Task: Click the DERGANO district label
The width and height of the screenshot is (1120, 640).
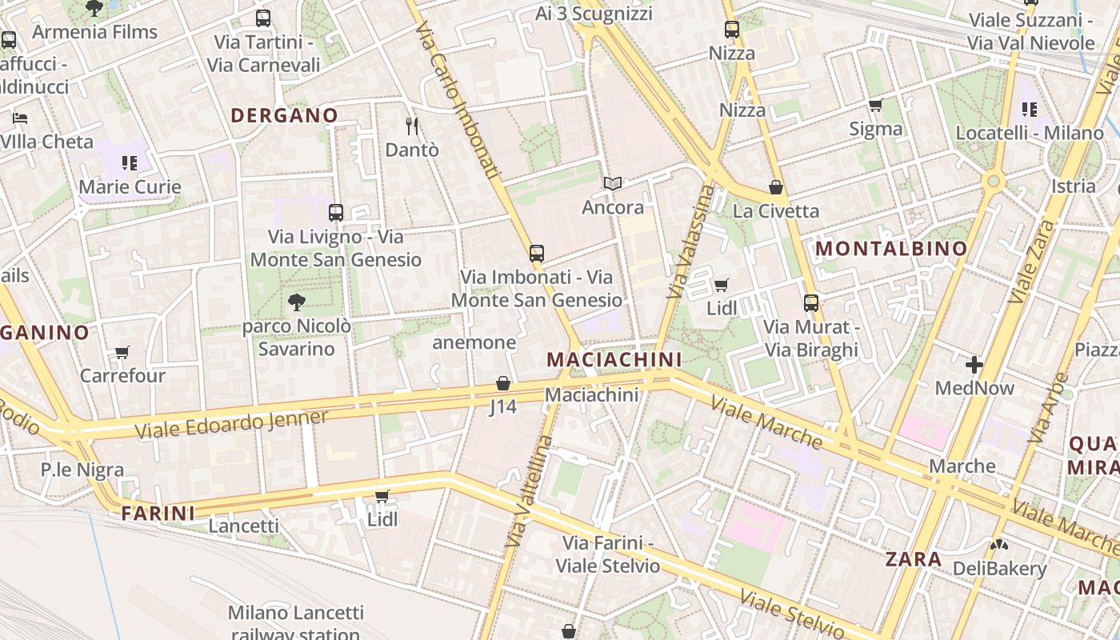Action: click(x=284, y=115)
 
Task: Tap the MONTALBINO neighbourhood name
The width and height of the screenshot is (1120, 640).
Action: click(x=891, y=249)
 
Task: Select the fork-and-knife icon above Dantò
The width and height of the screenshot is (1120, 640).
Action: click(x=412, y=126)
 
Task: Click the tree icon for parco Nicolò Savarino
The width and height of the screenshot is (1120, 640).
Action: click(x=296, y=302)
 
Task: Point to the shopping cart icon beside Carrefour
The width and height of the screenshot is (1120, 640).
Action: click(x=122, y=353)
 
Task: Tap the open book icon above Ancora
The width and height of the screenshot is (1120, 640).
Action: click(x=613, y=184)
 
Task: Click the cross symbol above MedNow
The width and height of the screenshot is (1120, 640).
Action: click(x=974, y=366)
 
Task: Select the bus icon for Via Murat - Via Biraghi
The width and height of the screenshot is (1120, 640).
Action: click(x=811, y=303)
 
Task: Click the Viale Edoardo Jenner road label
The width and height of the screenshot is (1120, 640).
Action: click(x=231, y=424)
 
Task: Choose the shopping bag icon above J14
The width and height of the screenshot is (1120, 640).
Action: click(x=503, y=384)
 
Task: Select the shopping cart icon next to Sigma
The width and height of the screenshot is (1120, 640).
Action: click(x=875, y=106)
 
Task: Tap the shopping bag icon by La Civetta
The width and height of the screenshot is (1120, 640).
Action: click(x=775, y=188)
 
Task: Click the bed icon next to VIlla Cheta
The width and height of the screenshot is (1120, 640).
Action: click(x=20, y=118)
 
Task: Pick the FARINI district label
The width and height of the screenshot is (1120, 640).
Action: click(x=158, y=514)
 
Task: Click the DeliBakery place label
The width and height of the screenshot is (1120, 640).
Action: click(x=999, y=569)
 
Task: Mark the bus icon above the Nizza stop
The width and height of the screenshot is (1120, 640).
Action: click(x=732, y=30)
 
